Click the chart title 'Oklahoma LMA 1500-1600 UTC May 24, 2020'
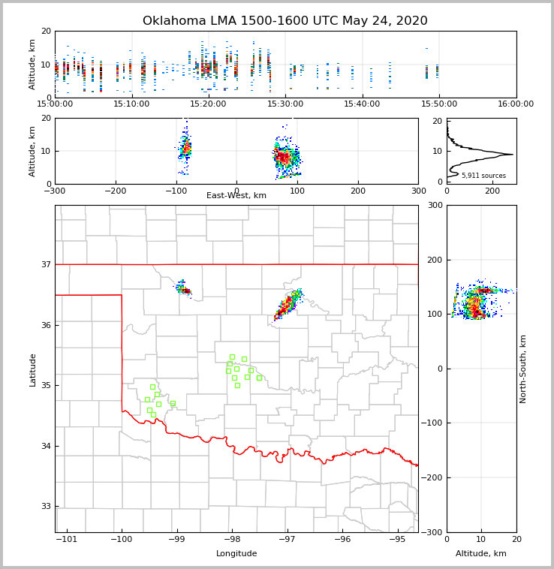coord(285,21)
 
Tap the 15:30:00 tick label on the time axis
coord(285,104)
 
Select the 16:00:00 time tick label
coord(516,104)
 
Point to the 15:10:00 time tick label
coord(131,104)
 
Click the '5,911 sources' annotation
coord(483,176)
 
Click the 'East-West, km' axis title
coord(236,196)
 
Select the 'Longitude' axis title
coord(236,554)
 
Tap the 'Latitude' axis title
coord(32,369)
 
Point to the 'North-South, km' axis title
coord(523,369)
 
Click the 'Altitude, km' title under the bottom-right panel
coord(481,554)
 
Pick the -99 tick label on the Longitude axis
coord(176,540)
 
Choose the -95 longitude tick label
coord(397,540)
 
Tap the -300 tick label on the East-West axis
coord(55,191)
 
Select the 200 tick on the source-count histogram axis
coord(492,191)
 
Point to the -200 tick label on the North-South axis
coord(434,477)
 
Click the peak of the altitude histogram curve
coord(512,155)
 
